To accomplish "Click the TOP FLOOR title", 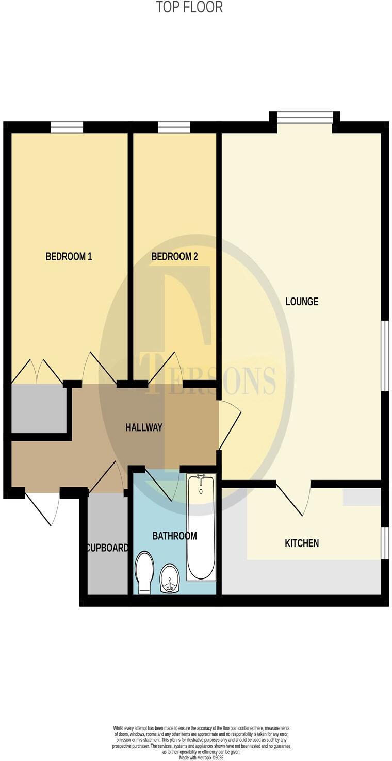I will click(x=189, y=7).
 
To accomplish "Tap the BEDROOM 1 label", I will click(x=69, y=256).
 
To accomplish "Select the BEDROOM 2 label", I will click(x=174, y=256).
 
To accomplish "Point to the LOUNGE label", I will click(x=302, y=301).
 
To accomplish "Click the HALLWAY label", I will click(x=144, y=427).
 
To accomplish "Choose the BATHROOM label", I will click(x=174, y=536).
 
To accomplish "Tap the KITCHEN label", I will click(x=302, y=543).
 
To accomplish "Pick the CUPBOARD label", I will click(x=107, y=548).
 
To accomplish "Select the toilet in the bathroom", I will click(x=144, y=572).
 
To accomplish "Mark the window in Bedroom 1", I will click(x=67, y=127).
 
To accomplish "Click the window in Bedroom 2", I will click(x=174, y=127).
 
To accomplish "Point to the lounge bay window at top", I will click(x=305, y=118).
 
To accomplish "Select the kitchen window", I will click(x=384, y=543).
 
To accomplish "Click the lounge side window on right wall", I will click(x=384, y=356).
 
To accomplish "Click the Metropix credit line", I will click(x=201, y=758).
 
